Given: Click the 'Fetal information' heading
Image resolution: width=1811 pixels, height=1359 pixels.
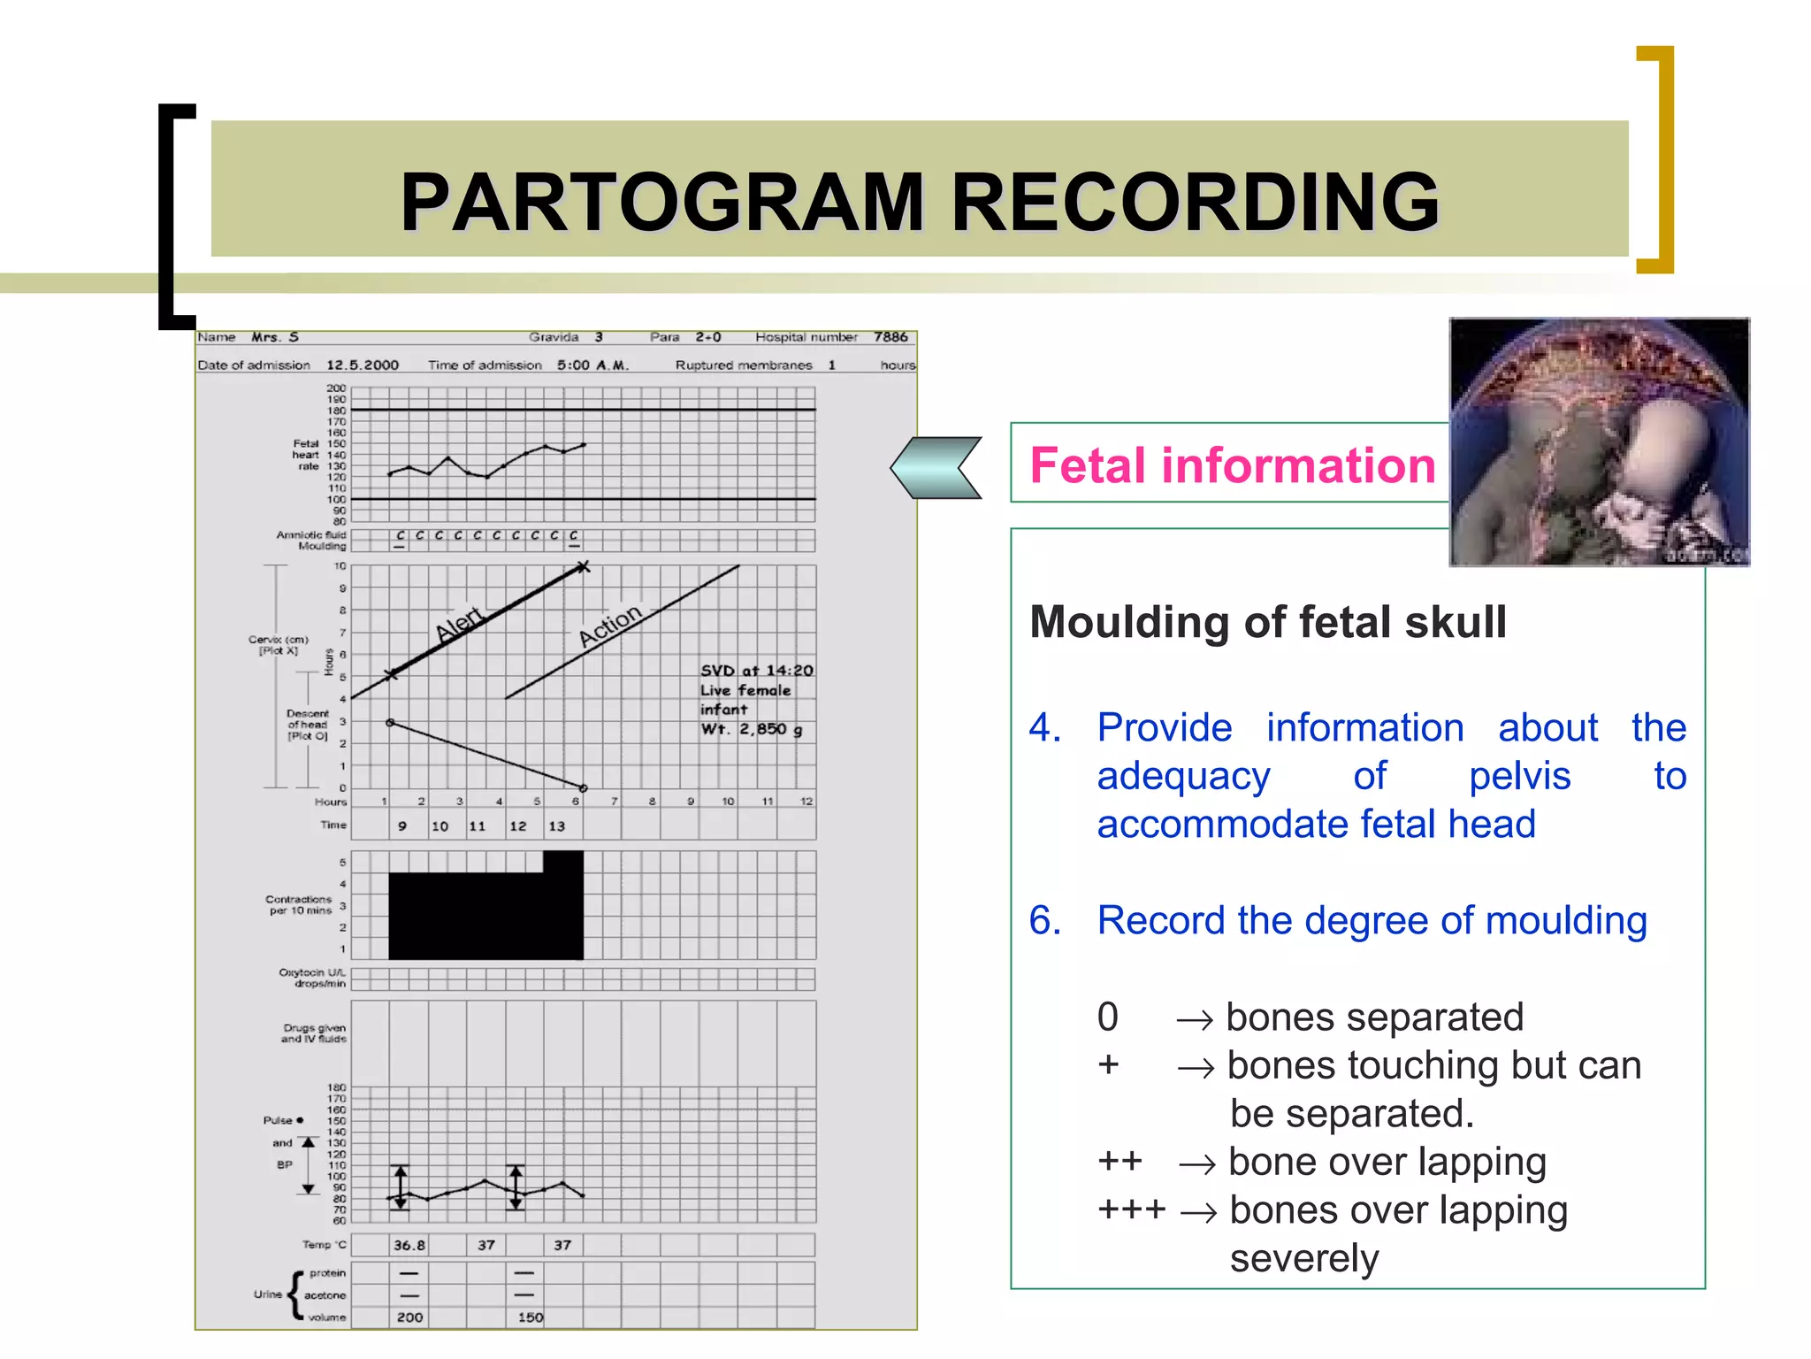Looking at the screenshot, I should click(x=1232, y=465).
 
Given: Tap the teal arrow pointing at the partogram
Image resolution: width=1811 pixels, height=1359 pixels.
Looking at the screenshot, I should click(x=936, y=467).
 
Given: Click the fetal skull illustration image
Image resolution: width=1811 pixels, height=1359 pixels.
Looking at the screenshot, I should click(x=1599, y=441).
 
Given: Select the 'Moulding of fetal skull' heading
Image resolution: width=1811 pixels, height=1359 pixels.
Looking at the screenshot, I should click(x=1268, y=622).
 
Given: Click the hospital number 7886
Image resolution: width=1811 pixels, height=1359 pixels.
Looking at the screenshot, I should click(x=890, y=337).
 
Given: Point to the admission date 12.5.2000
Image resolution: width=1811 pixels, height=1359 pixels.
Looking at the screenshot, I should click(x=363, y=365).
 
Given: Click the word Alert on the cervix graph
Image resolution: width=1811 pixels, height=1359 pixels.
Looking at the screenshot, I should click(x=460, y=624).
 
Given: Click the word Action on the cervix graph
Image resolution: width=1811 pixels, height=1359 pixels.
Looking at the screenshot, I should click(x=610, y=625).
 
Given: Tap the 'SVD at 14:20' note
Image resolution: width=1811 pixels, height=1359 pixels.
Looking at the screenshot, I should click(x=757, y=671).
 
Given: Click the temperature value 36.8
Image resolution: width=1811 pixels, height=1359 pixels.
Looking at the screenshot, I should click(x=409, y=1245).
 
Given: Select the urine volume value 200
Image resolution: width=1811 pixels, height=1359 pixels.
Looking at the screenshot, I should click(x=409, y=1317).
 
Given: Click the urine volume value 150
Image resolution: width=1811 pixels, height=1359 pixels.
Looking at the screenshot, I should click(x=531, y=1317).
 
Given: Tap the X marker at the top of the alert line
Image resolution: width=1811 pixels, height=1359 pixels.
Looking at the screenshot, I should click(x=583, y=566).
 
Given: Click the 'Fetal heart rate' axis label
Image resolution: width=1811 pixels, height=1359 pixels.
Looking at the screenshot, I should click(x=307, y=455).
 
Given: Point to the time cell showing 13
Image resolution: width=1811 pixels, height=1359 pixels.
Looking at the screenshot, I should click(x=556, y=826).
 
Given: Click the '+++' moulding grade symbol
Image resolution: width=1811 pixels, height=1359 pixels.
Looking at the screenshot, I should click(x=1132, y=1209).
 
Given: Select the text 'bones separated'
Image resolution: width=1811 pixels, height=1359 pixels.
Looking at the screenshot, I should click(x=1374, y=1017).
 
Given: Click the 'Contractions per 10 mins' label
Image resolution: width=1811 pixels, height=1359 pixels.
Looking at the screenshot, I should click(x=299, y=904).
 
